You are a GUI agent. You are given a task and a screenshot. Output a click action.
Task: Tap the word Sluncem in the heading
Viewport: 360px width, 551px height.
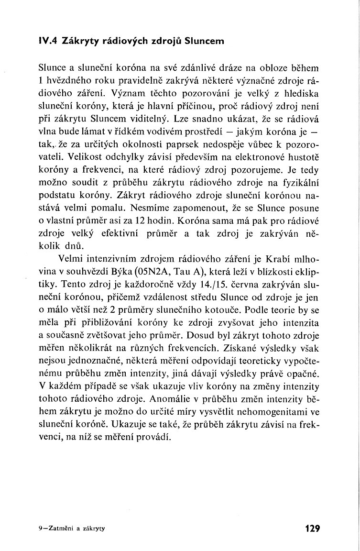pos(204,42)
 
